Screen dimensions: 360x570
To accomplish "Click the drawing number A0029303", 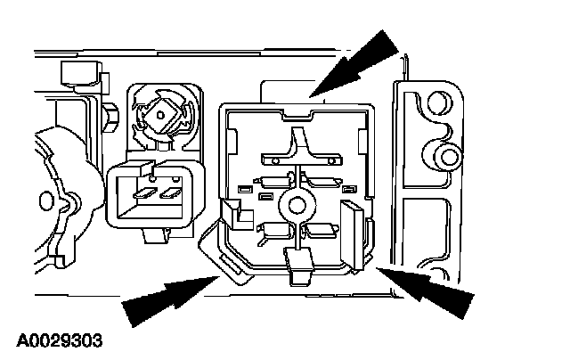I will [59, 340].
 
